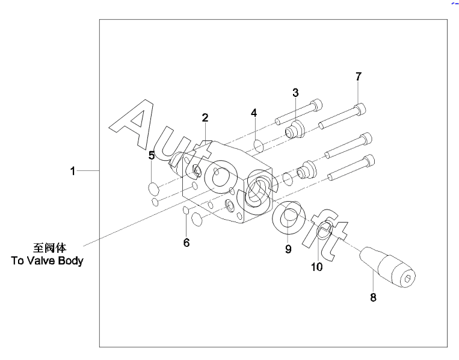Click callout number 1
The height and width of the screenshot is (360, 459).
[x=72, y=172]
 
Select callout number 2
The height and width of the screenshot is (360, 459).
[x=205, y=117]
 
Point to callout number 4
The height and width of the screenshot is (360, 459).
[x=254, y=113]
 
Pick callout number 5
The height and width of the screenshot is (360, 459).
[x=152, y=155]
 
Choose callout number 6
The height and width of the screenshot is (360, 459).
[x=186, y=243]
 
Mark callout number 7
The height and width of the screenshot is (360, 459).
[x=359, y=76]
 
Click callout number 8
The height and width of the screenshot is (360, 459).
[x=373, y=297]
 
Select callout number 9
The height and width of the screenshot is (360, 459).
[x=288, y=249]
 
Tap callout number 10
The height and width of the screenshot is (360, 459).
[x=316, y=267]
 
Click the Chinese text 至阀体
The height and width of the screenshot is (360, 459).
[x=49, y=247]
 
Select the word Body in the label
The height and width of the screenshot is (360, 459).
[x=71, y=261]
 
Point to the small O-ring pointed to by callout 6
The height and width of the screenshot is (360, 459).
[x=186, y=211]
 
